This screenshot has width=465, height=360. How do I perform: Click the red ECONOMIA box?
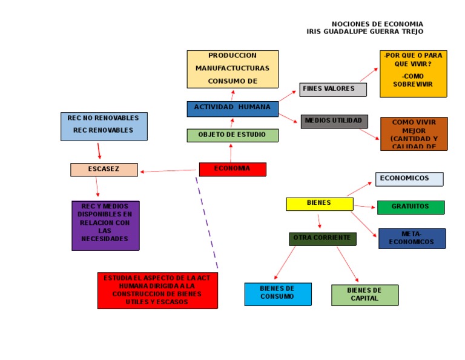click(x=232, y=169)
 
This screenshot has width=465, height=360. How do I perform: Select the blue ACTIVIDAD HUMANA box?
click(x=232, y=108)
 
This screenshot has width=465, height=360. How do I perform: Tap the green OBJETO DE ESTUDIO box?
click(x=232, y=135)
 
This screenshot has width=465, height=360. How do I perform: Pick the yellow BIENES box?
click(x=319, y=204)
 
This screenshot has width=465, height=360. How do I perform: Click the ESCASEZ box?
click(x=104, y=170)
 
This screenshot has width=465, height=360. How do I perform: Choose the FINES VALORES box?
click(x=332, y=89)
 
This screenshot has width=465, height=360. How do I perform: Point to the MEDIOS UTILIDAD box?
click(x=334, y=121)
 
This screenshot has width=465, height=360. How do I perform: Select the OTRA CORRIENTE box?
click(x=322, y=239)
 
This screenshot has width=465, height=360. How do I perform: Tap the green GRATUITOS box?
click(x=411, y=207)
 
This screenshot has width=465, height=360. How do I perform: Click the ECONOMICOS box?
click(x=409, y=179)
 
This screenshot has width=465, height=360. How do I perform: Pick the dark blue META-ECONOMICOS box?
click(x=412, y=238)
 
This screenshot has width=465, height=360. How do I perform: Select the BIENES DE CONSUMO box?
click(x=277, y=294)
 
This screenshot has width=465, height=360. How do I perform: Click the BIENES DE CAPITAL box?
click(x=364, y=295)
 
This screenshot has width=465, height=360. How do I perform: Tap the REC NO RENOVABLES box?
click(x=104, y=126)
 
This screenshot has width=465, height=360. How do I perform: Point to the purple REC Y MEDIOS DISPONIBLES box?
click(x=105, y=225)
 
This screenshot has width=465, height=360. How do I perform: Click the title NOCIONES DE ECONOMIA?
click(x=377, y=24)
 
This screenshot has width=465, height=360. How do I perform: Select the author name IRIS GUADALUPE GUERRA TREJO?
click(x=365, y=32)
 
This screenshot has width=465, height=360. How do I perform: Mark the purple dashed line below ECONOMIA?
click(x=206, y=222)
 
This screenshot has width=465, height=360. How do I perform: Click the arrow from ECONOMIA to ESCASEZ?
click(x=170, y=172)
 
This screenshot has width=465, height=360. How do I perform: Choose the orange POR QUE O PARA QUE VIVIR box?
click(x=413, y=73)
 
